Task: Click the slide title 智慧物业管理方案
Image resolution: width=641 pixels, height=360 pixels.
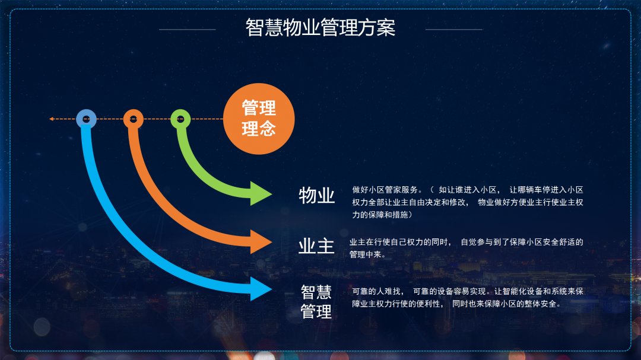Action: pos(320,28)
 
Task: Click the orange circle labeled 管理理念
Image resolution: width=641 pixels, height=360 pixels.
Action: pos(259,119)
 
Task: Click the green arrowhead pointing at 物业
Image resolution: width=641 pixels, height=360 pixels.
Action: pos(261,193)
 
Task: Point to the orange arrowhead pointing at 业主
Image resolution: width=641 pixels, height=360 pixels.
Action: pos(261,241)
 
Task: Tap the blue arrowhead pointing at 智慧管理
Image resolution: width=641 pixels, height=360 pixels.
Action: pos(261,289)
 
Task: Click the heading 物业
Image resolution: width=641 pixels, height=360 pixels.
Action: pos(317,195)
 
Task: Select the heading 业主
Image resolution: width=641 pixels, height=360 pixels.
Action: pos(316,246)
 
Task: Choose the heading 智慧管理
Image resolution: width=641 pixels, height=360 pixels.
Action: pos(316,302)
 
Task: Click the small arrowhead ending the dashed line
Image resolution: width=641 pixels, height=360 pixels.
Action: pos(52,119)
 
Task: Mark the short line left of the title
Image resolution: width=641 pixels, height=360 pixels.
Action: pos(187,30)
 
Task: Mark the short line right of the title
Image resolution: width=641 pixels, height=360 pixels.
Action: pos(454,30)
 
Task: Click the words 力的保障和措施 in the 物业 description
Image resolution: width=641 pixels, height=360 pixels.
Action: pos(380,215)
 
